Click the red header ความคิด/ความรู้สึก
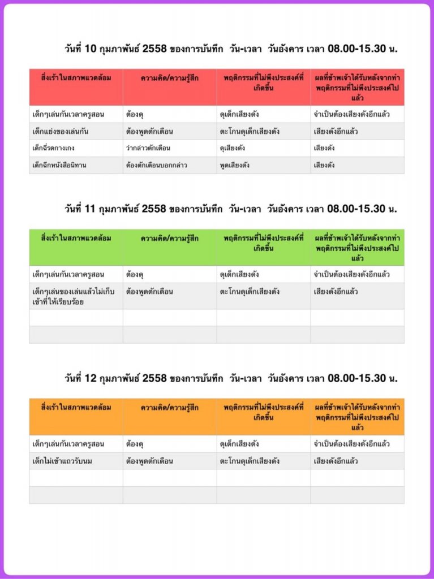tap(170, 79)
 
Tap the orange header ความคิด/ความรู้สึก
tap(170, 407)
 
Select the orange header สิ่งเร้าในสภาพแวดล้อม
tap(76, 407)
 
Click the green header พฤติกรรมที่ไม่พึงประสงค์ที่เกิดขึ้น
tap(264, 243)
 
